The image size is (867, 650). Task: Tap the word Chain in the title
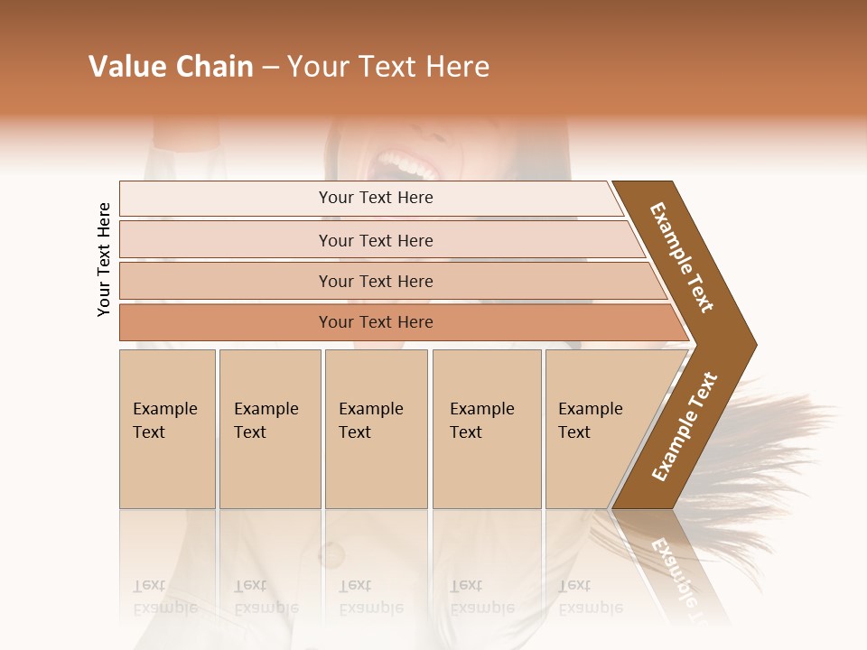click(x=214, y=67)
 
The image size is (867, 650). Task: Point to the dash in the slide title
click(x=270, y=68)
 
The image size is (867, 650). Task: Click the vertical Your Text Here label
click(x=104, y=259)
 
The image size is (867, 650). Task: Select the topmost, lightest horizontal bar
click(x=370, y=198)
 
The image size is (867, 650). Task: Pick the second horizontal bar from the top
click(x=379, y=240)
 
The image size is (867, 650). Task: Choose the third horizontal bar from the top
click(x=388, y=281)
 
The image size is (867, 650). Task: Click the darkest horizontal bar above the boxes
click(x=397, y=322)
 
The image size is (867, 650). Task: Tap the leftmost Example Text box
click(x=167, y=429)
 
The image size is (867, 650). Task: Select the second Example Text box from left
click(x=269, y=429)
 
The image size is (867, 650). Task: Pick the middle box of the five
click(x=376, y=429)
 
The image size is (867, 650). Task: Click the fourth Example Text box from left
click(x=486, y=429)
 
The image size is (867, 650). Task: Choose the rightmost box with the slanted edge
click(x=596, y=429)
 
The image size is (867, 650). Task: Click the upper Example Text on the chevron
click(x=682, y=257)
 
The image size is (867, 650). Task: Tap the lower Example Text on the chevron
click(x=685, y=426)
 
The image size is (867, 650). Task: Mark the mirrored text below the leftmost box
click(x=165, y=596)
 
